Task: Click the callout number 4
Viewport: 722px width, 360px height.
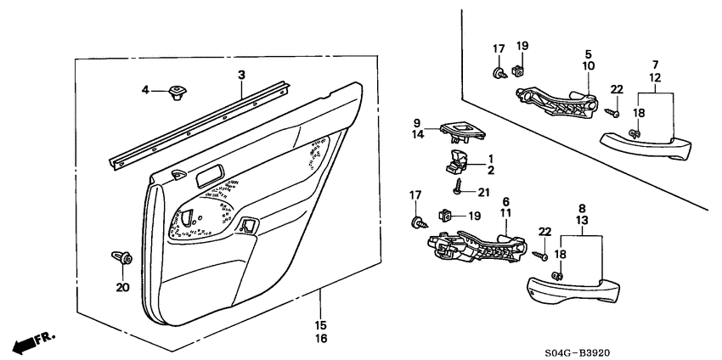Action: (x=145, y=89)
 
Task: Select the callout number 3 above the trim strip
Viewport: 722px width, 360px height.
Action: (x=241, y=76)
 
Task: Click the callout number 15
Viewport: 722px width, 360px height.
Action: (x=321, y=325)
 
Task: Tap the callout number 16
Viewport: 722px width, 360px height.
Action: (x=321, y=339)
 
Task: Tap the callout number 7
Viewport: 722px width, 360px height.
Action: (x=655, y=65)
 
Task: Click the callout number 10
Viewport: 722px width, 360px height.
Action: (x=589, y=65)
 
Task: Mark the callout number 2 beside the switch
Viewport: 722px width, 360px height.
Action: (x=490, y=170)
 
